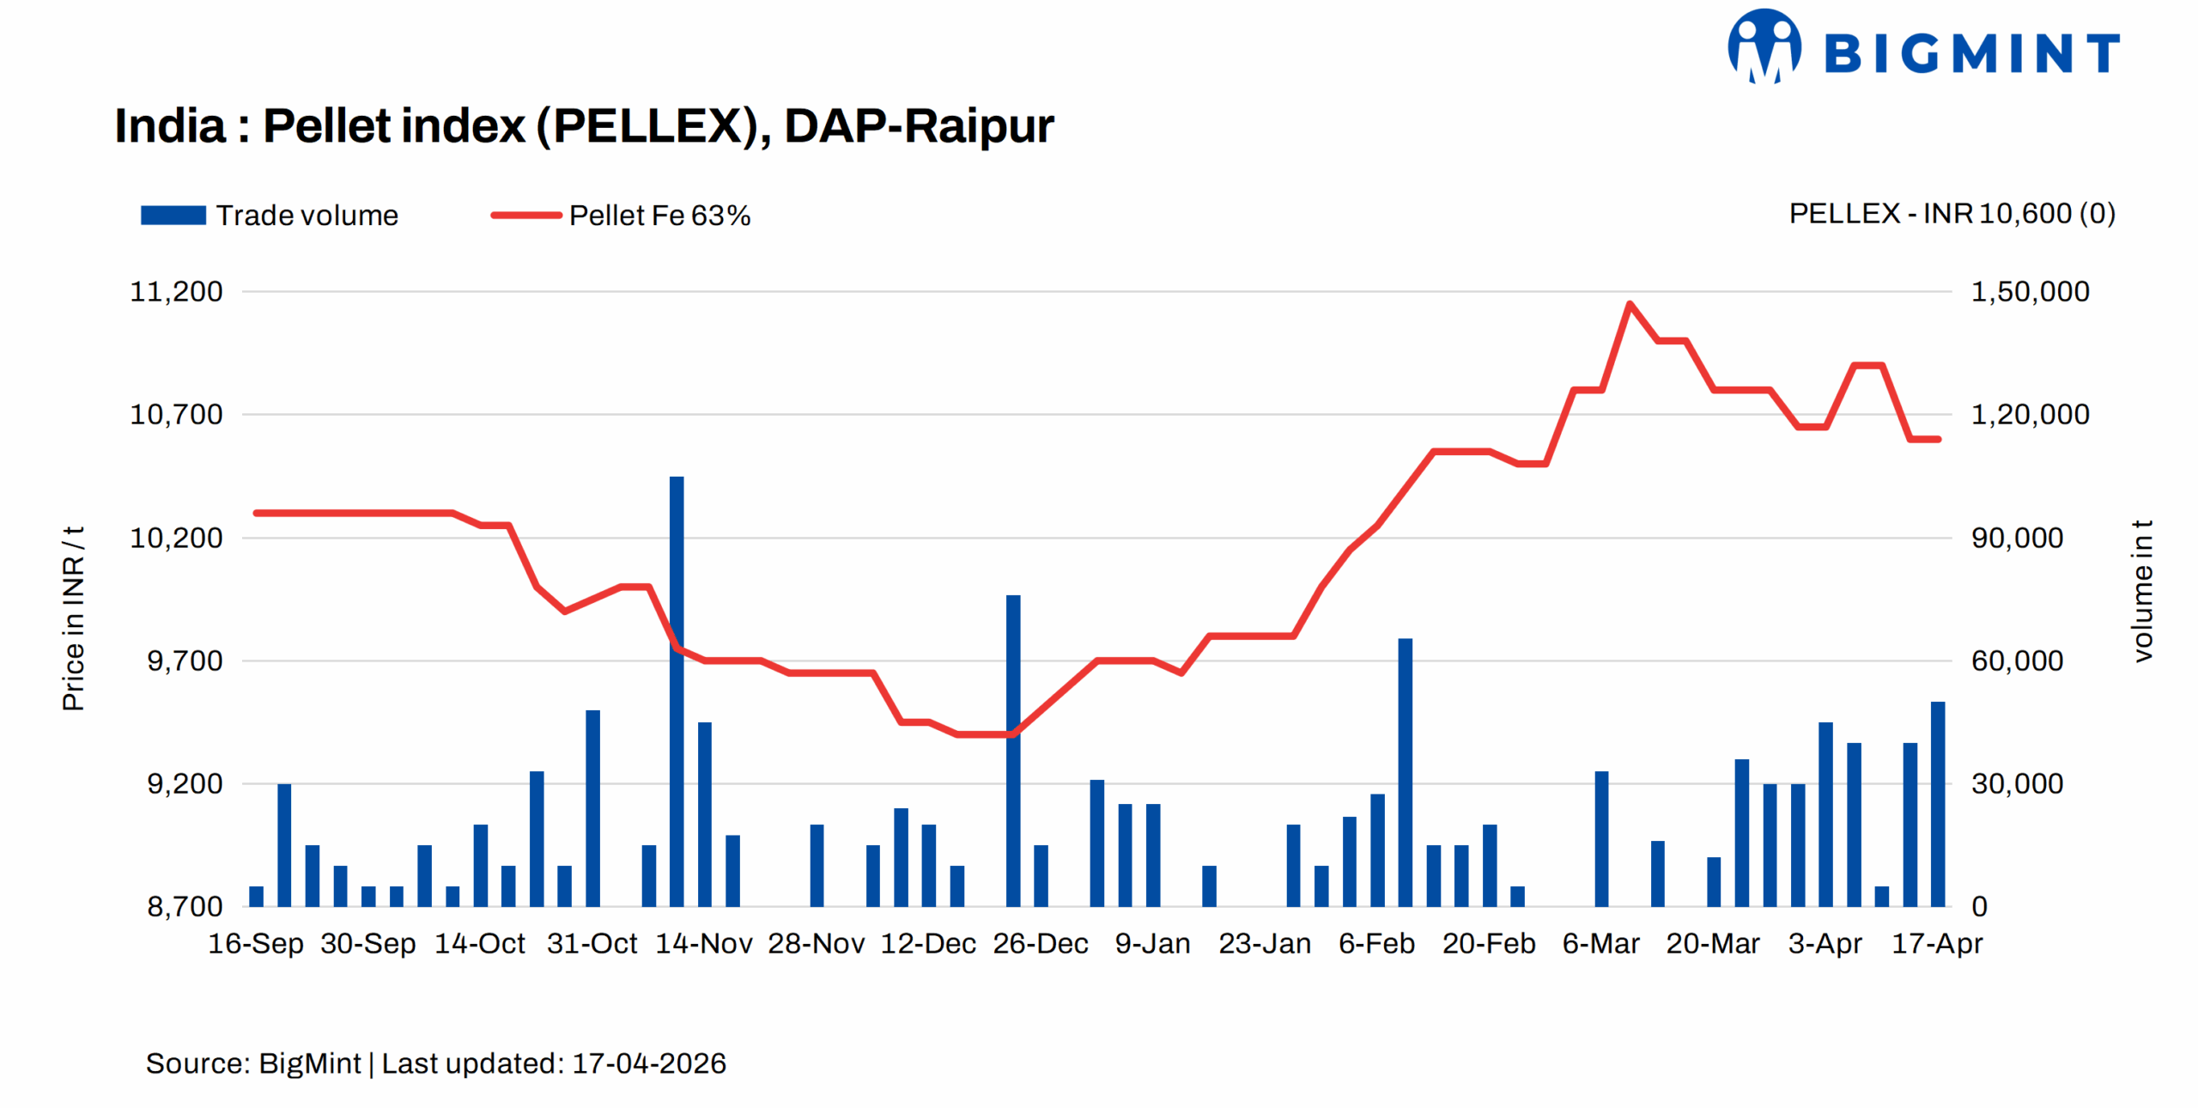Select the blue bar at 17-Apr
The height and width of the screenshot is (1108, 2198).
[x=1938, y=804]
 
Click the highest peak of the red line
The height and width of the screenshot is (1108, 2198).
[x=1629, y=304]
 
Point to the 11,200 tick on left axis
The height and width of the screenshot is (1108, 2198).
[x=176, y=291]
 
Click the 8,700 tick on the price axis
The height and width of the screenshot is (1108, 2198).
[x=185, y=906]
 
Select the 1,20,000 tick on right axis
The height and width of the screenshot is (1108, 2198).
[x=2030, y=414]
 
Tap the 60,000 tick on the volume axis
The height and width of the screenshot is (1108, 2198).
[x=2017, y=661]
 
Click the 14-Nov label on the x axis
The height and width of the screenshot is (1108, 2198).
[x=703, y=943]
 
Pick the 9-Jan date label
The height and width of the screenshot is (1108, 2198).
[x=1152, y=943]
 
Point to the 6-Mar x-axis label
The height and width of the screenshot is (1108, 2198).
[x=1600, y=943]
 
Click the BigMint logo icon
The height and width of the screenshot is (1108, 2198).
[x=1765, y=47]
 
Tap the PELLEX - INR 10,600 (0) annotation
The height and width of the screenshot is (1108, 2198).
[x=1952, y=213]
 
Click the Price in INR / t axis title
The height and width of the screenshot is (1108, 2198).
[x=73, y=618]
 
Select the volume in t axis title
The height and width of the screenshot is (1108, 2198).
[x=2143, y=590]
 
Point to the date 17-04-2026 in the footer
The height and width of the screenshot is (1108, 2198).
[x=649, y=1063]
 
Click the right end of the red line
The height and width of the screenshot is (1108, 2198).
[x=1938, y=439]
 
